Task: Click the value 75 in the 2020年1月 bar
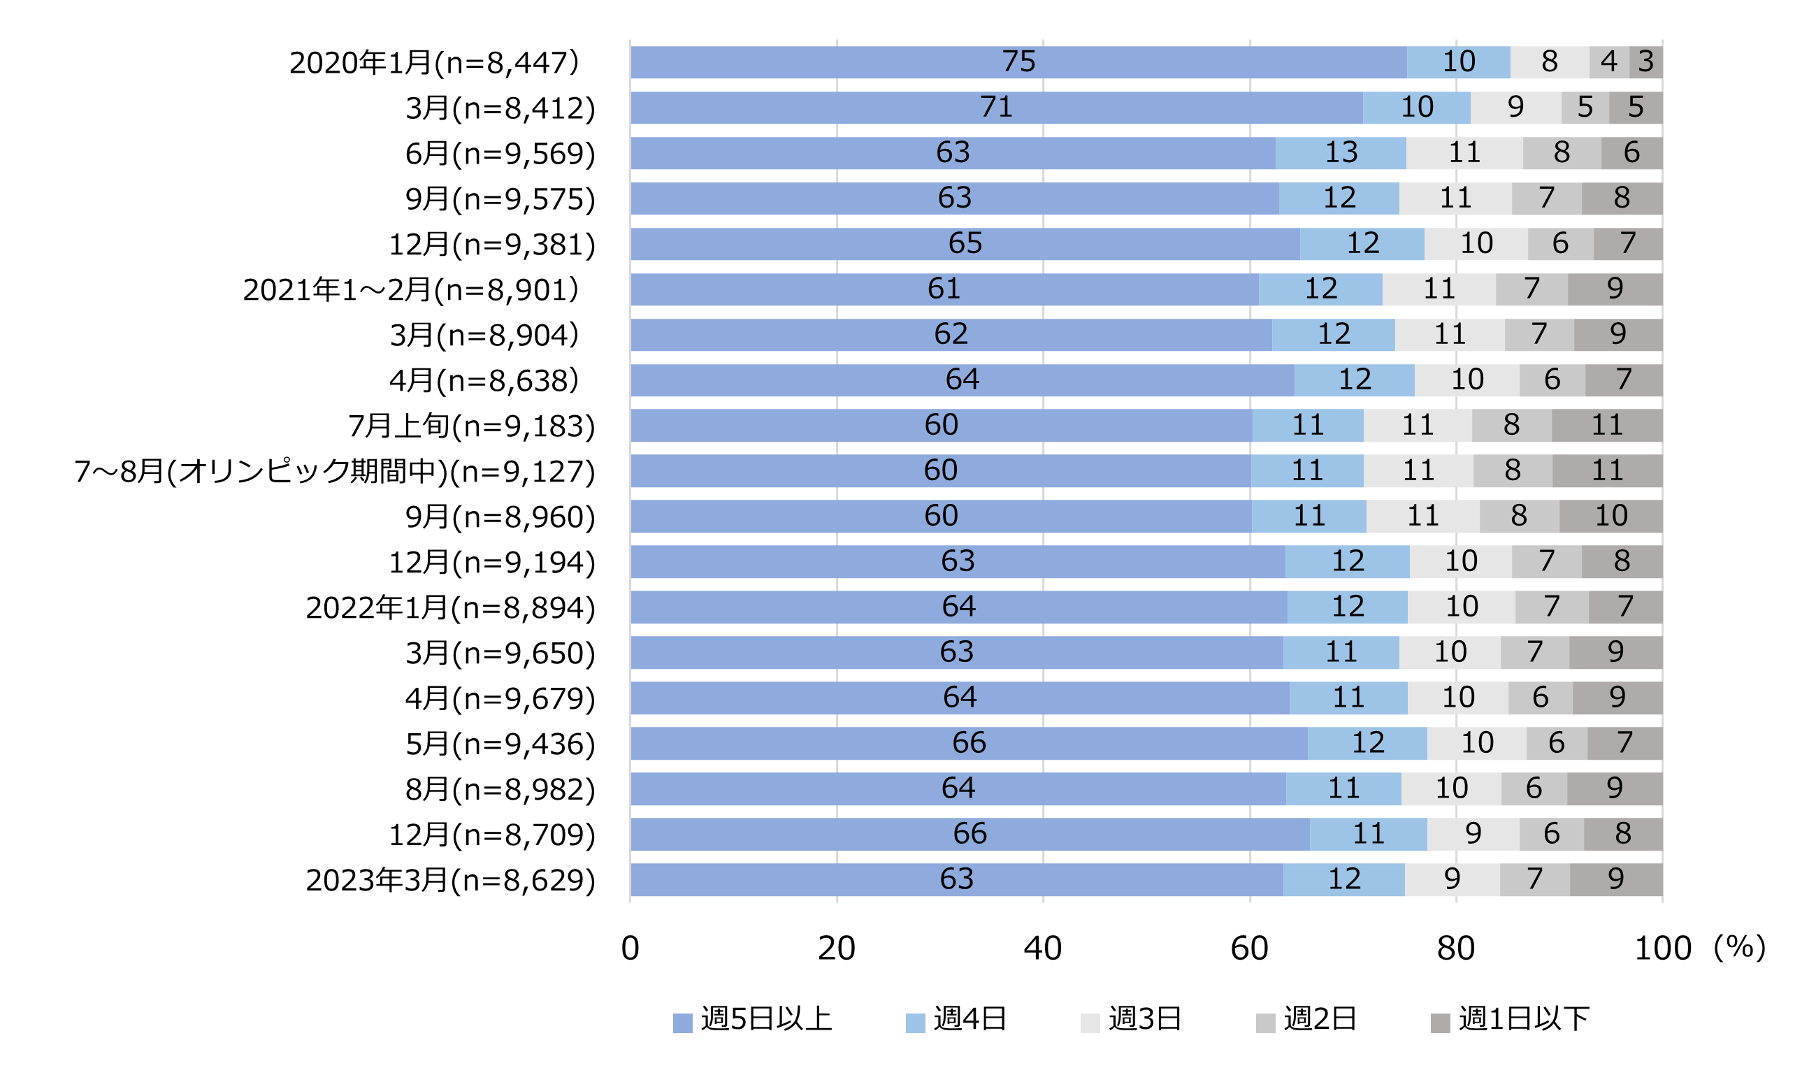pyautogui.click(x=1018, y=62)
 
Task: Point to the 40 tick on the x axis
pyautogui.click(x=1042, y=948)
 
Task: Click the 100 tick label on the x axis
pyautogui.click(x=1662, y=948)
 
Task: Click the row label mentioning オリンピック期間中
pyautogui.click(x=334, y=471)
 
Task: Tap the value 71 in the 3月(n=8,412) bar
pyautogui.click(x=996, y=107)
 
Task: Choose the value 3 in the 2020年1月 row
pyautogui.click(x=1645, y=62)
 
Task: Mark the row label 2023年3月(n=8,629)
pyautogui.click(x=450, y=880)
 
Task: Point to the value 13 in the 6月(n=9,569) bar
pyautogui.click(x=1341, y=152)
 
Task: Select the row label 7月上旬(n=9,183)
pyautogui.click(x=471, y=426)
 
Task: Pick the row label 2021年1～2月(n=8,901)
pyautogui.click(x=410, y=290)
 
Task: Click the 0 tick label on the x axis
pyautogui.click(x=630, y=948)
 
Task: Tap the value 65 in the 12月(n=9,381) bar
pyautogui.click(x=965, y=244)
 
